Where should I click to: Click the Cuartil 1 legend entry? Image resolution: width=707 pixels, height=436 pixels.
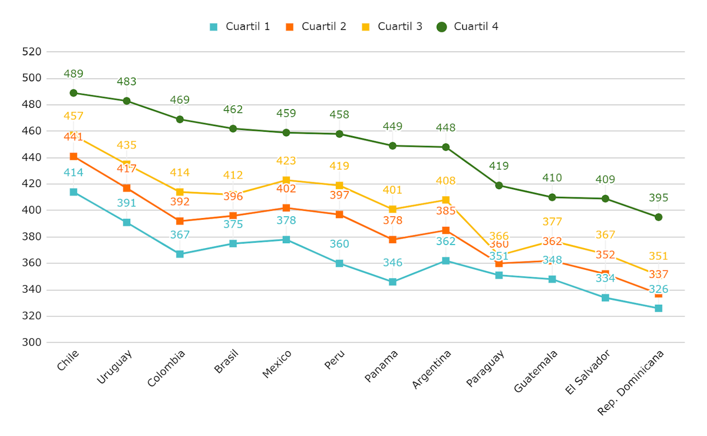point(240,27)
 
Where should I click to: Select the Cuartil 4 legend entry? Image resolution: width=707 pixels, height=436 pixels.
point(468,27)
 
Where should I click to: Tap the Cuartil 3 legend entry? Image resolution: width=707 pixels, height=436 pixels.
point(392,27)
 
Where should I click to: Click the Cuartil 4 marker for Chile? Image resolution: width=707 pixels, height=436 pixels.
point(74,93)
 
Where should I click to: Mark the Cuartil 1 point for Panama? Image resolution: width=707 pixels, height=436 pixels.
point(392,282)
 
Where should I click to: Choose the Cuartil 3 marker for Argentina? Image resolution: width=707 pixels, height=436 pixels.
point(446,200)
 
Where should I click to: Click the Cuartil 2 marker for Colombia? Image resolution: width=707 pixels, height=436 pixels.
point(180,221)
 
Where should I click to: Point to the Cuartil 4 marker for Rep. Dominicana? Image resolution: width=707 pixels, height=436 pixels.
point(658,217)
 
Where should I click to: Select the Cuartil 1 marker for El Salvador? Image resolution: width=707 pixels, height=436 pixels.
point(605,298)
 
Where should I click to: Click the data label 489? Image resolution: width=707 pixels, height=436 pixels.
point(74,74)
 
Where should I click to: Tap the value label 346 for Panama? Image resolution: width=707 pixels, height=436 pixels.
point(392,263)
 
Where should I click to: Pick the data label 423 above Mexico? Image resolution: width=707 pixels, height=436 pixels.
point(286,161)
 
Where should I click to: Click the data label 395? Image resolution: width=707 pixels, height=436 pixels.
point(658,198)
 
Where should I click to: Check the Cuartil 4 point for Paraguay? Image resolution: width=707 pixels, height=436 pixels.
point(499,186)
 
